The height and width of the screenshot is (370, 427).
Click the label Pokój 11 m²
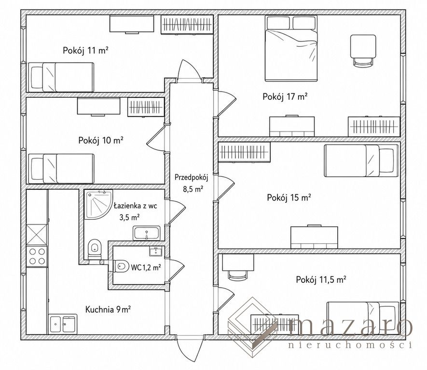pos(86,51)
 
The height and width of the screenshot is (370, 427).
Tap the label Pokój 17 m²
pos(285,96)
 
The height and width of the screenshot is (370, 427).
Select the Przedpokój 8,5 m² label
pos(192,183)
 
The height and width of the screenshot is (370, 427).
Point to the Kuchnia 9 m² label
pos(108,309)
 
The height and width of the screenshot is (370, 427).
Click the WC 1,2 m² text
pos(146,267)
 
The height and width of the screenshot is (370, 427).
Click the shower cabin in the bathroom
pos(98,204)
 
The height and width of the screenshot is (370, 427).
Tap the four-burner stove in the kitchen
pos(37,257)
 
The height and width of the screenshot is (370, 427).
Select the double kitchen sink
pos(63,324)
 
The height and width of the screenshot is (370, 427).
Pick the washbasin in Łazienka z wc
pos(147,233)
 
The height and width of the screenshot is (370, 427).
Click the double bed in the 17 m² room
pos(291,48)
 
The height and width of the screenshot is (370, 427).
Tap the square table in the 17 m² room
pos(363,46)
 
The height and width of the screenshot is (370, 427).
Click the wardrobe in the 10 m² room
pos(146,107)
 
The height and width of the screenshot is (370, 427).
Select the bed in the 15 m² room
pos(361,160)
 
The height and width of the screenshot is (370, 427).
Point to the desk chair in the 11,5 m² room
pos(238,276)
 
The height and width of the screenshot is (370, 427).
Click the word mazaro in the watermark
pos(350,327)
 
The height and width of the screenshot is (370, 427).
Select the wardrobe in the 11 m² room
pos(187,25)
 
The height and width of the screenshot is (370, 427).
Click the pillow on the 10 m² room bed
pos(37,169)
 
